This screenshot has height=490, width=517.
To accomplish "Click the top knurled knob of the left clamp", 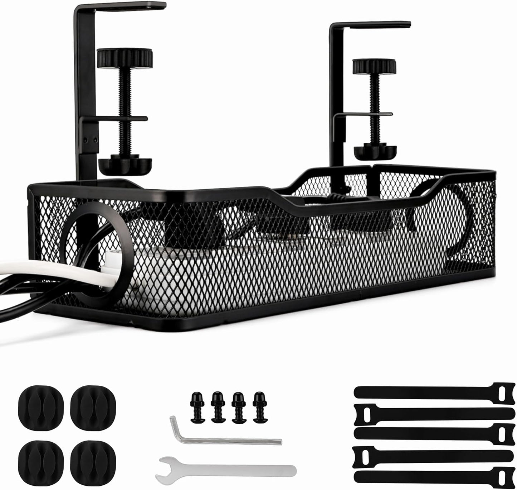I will pyautogui.click(x=125, y=57).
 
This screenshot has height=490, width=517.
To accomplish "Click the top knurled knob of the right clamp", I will pyautogui.click(x=374, y=66).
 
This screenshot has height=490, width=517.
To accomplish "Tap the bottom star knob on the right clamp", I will pyautogui.click(x=375, y=151).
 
